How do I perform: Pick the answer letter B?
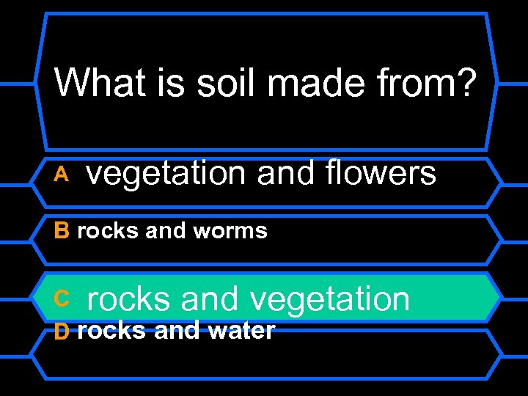point(62,231)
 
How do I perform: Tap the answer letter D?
point(62,332)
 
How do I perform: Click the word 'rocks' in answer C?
point(130,299)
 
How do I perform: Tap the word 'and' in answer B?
point(166,231)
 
